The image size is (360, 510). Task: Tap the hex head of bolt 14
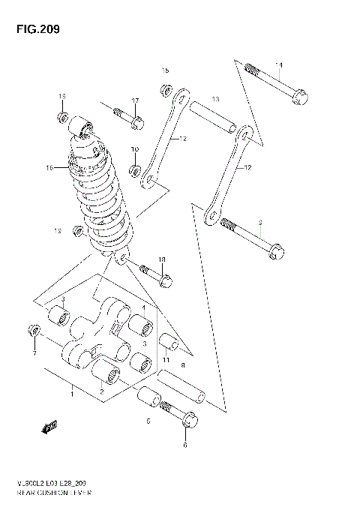[x=299, y=97]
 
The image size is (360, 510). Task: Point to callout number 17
[x=136, y=101]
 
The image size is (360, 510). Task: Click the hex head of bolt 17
[x=136, y=121]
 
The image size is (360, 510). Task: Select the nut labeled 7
[x=32, y=331]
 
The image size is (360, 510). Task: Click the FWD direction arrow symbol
[x=50, y=428]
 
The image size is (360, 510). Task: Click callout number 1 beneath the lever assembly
[x=72, y=394]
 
